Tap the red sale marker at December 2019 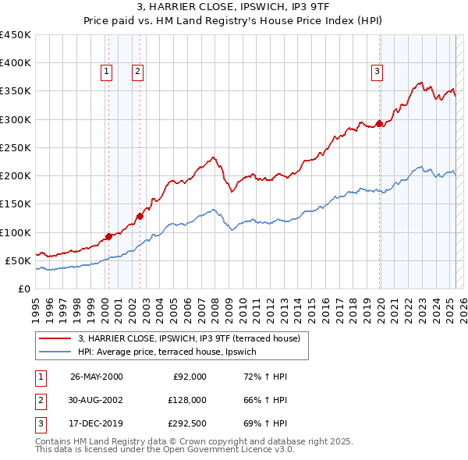pos(380,123)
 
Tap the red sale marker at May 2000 pos(108,236)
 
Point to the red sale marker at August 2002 pos(140,216)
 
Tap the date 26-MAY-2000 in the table pos(96,377)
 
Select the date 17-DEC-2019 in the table pos(96,423)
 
